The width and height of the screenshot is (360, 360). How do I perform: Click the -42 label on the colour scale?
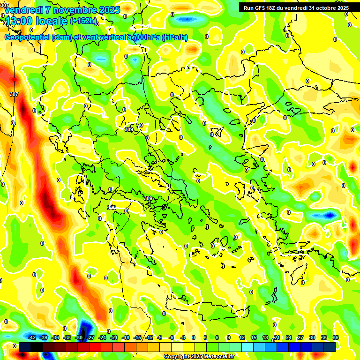click(x=32, y=337)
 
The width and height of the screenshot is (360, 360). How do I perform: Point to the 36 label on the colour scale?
click(x=336, y=337)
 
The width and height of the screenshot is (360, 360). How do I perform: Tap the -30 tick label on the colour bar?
click(x=79, y=337)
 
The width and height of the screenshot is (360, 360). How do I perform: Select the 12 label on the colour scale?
click(x=242, y=337)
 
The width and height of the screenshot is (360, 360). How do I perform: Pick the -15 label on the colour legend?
click(x=137, y=337)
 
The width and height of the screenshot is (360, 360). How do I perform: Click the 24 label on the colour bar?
click(x=289, y=337)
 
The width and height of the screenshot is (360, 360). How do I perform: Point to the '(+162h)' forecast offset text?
click(x=83, y=21)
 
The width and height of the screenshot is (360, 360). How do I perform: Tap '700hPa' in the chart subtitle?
click(x=146, y=37)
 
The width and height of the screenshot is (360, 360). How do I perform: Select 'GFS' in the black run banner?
click(x=264, y=7)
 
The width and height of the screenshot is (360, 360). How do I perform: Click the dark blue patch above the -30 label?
click(x=85, y=326)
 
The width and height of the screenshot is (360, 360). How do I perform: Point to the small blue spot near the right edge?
click(x=330, y=215)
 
